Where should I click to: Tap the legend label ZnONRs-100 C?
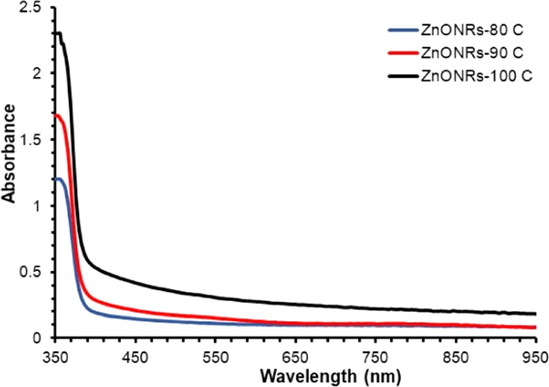(475, 77)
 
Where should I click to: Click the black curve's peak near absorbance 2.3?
(58, 33)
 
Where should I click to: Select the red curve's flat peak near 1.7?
(57, 115)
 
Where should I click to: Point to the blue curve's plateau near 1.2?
(58, 179)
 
